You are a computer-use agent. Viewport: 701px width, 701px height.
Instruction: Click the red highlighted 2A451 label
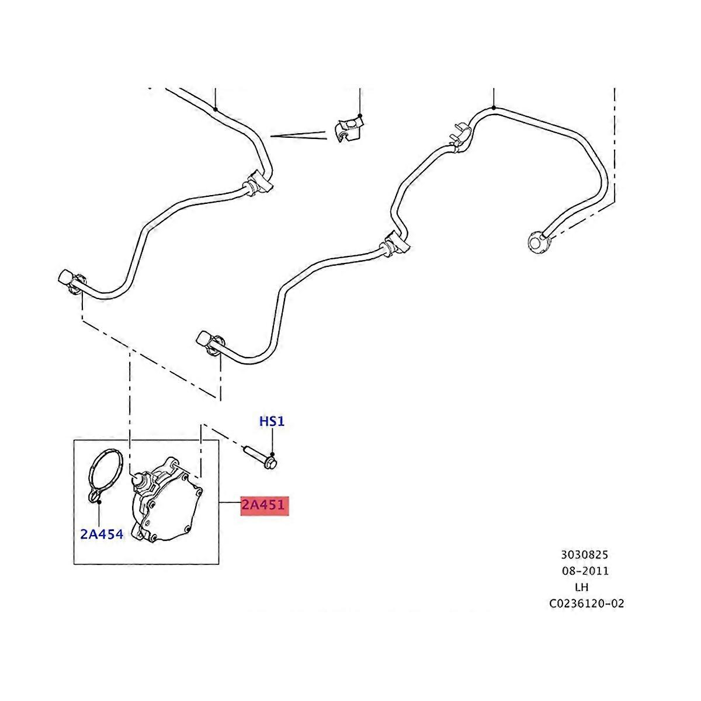[x=265, y=505]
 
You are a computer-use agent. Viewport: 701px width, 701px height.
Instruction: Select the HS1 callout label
[x=272, y=421]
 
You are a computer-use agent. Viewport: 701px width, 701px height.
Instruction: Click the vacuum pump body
[x=169, y=508]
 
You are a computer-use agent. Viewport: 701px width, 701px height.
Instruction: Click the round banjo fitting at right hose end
[x=537, y=240]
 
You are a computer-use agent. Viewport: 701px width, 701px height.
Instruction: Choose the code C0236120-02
[x=586, y=603]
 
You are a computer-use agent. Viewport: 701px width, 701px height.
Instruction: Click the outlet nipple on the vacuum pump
[x=139, y=480]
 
